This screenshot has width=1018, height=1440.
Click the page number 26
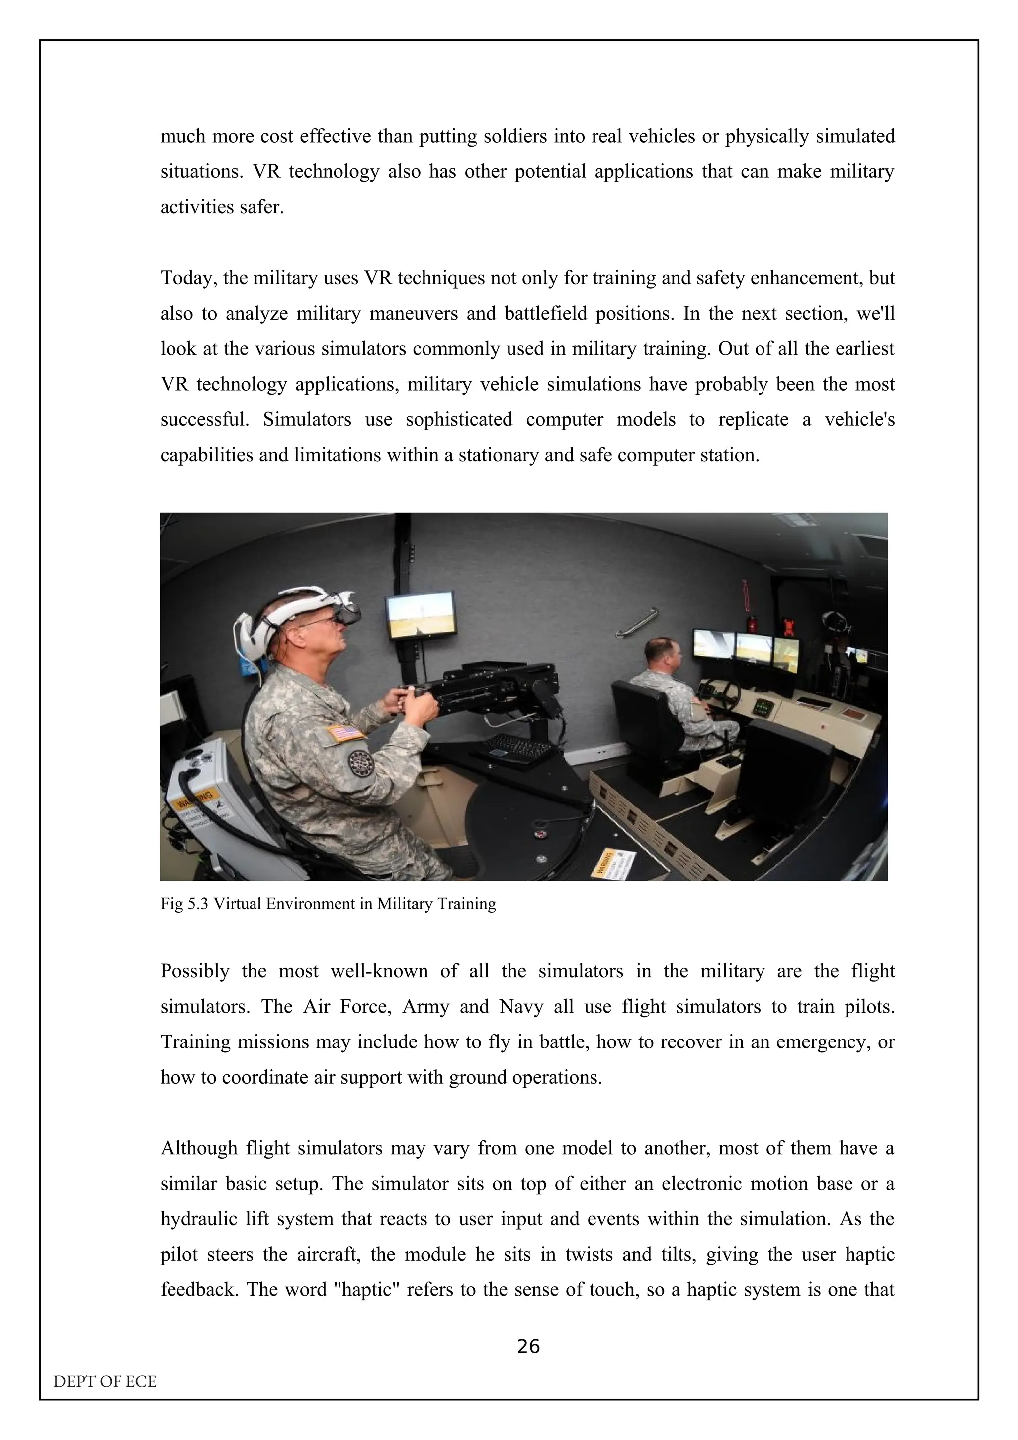point(528,1346)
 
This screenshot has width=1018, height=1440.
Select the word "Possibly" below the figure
point(195,971)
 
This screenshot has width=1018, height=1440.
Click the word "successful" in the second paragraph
point(204,419)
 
